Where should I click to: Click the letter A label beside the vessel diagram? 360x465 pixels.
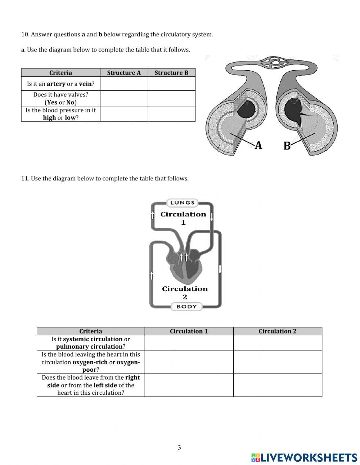[258, 145]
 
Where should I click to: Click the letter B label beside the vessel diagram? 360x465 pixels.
[287, 146]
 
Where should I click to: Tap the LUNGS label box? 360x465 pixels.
[183, 202]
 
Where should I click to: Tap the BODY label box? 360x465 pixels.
[186, 307]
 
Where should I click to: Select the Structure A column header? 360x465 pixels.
[124, 73]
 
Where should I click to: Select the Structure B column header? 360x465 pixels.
[171, 73]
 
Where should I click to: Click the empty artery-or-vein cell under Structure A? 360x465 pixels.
[124, 84]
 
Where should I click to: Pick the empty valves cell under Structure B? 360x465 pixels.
[171, 98]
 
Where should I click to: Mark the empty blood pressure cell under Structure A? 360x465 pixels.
[124, 114]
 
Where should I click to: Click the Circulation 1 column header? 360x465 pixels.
[189, 331]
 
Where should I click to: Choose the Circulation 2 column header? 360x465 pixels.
[277, 331]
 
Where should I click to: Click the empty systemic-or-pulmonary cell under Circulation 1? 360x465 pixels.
[189, 343]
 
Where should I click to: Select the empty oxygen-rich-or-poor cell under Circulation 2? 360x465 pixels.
[277, 362]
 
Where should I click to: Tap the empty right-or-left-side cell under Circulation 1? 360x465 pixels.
[189, 385]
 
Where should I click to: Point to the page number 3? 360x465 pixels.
[179, 448]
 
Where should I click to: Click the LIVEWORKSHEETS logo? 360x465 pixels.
[304, 457]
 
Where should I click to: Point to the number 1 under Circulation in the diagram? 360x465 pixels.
[183, 223]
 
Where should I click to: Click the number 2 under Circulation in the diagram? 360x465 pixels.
[185, 297]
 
